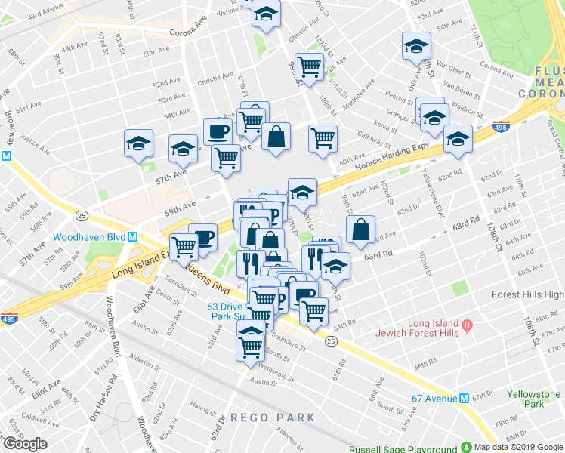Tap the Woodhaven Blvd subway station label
[89, 236]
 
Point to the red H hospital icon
[468, 325]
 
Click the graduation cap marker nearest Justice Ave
[139, 143]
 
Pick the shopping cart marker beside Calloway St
[323, 137]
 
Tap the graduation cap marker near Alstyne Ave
[266, 14]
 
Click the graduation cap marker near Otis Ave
[416, 46]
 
